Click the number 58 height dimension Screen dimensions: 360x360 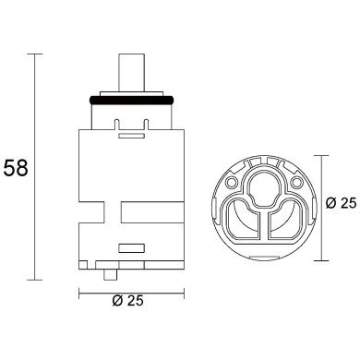[x=17, y=169]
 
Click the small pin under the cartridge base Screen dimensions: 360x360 [x=112, y=275]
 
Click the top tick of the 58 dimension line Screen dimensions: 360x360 [x=37, y=54]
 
